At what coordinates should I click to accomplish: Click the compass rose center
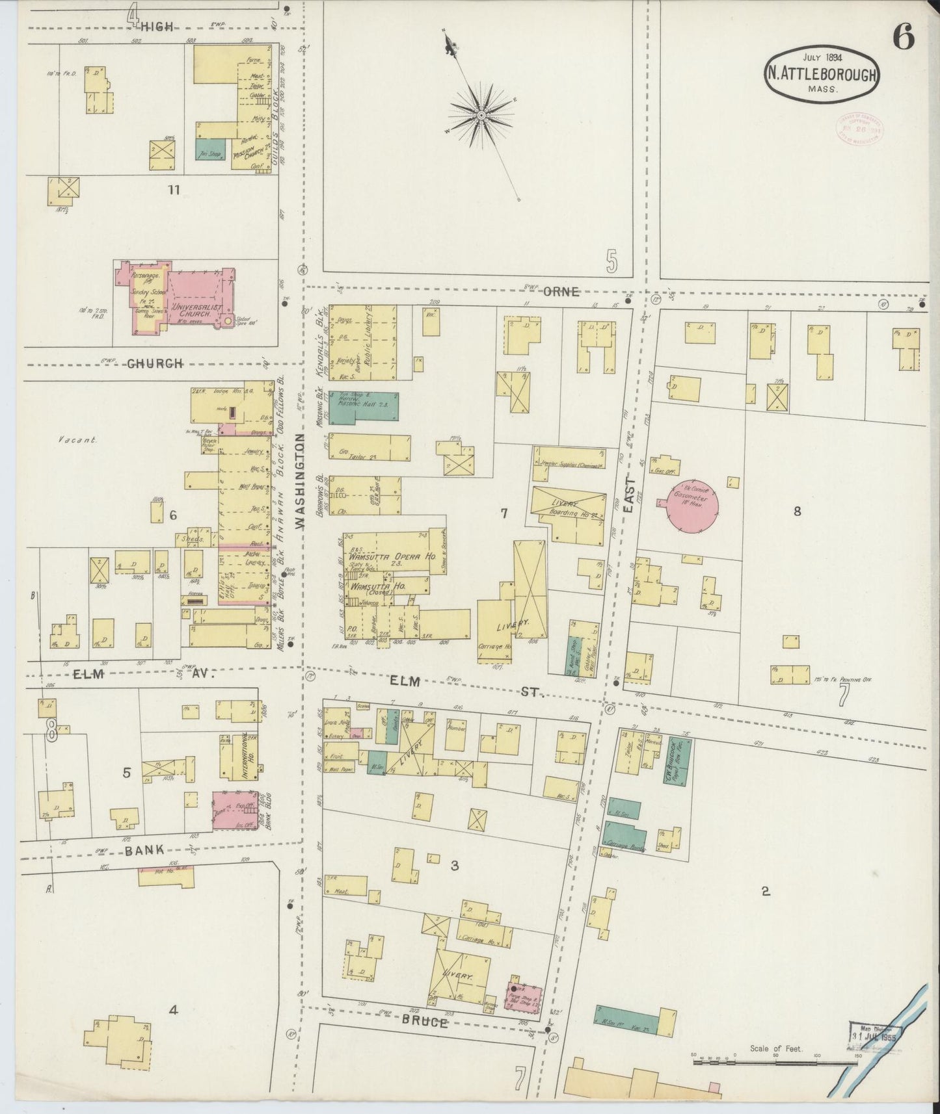point(481,115)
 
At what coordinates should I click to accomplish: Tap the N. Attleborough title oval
point(823,74)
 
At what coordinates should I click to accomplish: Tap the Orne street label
point(561,292)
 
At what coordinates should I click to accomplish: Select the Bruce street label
point(424,1022)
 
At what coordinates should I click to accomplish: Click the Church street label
point(154,363)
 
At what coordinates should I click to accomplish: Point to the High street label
point(158,27)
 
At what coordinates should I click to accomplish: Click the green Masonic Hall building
point(364,408)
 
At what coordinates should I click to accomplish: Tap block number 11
point(173,190)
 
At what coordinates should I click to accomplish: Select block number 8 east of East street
point(796,512)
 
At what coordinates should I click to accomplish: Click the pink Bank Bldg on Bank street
point(236,810)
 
